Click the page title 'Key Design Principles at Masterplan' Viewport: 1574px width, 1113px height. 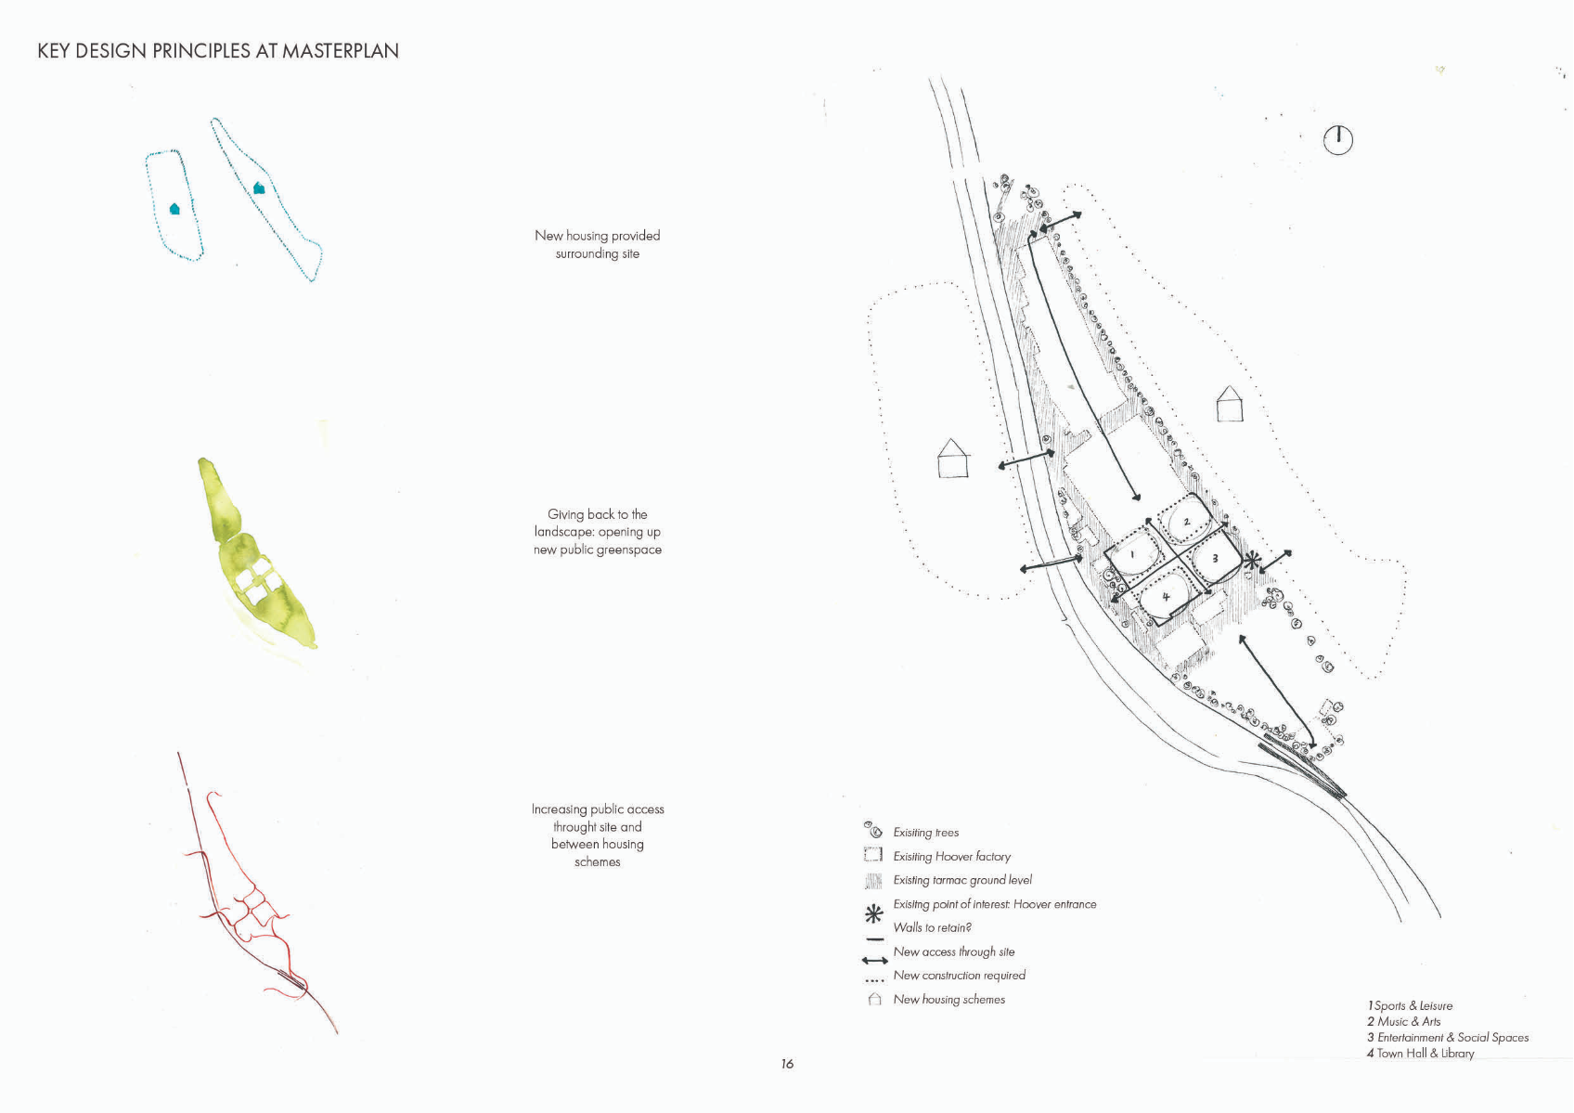click(218, 51)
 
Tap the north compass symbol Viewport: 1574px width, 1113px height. click(1337, 140)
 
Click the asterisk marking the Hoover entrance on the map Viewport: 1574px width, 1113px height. click(1253, 561)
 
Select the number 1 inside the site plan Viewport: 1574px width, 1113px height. click(1133, 554)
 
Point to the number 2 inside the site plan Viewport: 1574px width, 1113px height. click(1187, 522)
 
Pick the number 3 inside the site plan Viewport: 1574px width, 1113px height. click(1215, 559)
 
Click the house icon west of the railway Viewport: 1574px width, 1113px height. click(953, 459)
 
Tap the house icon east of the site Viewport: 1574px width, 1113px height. click(1230, 404)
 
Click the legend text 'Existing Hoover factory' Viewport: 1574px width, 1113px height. click(951, 856)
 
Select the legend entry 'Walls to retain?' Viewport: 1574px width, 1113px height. click(932, 927)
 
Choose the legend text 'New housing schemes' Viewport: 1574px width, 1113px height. click(948, 999)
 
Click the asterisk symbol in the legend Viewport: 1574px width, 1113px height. click(873, 914)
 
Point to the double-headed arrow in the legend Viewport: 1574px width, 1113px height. click(874, 960)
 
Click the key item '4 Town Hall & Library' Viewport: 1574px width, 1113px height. click(1420, 1053)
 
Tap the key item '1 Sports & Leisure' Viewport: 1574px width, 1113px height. click(1409, 1005)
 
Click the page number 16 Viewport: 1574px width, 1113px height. click(787, 1064)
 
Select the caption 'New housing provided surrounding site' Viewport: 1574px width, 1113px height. click(598, 244)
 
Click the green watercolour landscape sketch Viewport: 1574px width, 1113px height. click(256, 557)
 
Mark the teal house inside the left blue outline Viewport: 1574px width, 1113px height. click(174, 209)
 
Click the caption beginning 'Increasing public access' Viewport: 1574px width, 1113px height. click(598, 835)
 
